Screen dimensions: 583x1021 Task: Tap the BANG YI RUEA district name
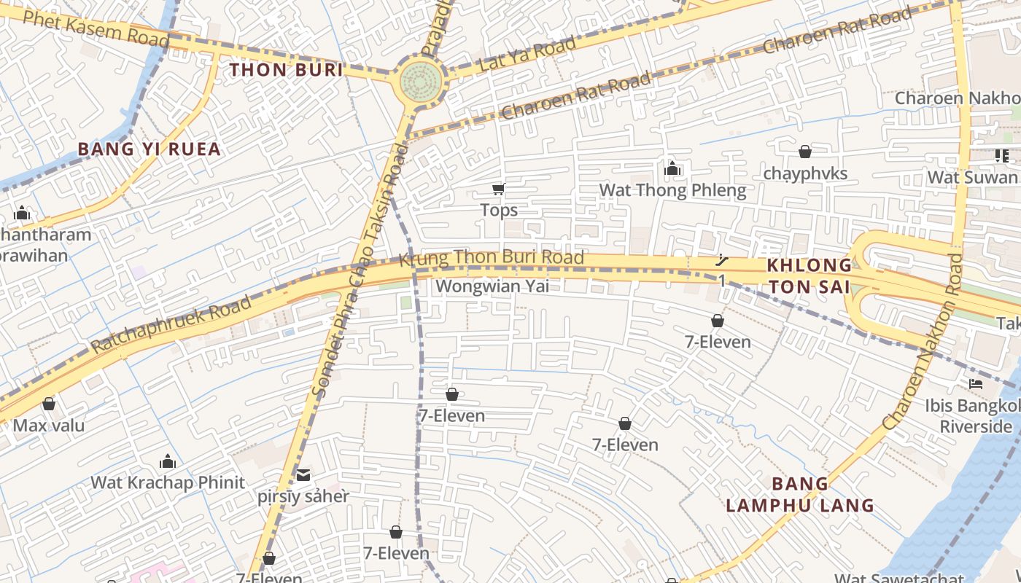(x=149, y=149)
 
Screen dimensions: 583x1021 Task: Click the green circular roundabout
(x=422, y=78)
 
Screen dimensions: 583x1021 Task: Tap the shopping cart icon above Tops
(x=498, y=189)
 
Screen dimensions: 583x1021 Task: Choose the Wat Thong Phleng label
(x=672, y=191)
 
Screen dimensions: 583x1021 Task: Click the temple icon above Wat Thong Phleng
(x=672, y=170)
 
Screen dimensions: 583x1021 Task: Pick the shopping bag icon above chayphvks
(x=805, y=152)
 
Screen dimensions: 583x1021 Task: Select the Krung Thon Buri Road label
(x=492, y=257)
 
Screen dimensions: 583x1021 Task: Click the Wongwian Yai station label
(x=492, y=286)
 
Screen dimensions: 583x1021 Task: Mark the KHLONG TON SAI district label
(x=809, y=275)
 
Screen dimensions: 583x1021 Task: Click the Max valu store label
(x=49, y=426)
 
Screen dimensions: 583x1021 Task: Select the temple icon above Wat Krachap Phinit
(x=168, y=461)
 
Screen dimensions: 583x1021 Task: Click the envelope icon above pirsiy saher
(x=303, y=475)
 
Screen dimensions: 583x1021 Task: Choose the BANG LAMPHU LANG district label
(x=800, y=494)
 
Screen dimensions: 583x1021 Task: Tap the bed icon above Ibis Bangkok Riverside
(x=976, y=383)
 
